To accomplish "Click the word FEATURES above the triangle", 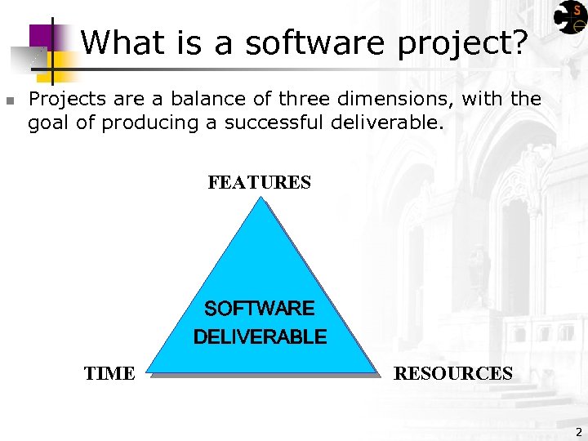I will [x=259, y=182].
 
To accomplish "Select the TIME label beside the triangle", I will [x=109, y=374].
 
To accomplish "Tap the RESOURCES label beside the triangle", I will [x=453, y=374].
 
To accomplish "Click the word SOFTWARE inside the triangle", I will [x=259, y=308].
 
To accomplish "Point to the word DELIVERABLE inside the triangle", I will [x=260, y=336].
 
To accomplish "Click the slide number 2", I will [x=578, y=432].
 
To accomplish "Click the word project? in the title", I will [x=462, y=44].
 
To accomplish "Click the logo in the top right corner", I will [x=568, y=17].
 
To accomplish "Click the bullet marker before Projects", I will [x=9, y=101].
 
